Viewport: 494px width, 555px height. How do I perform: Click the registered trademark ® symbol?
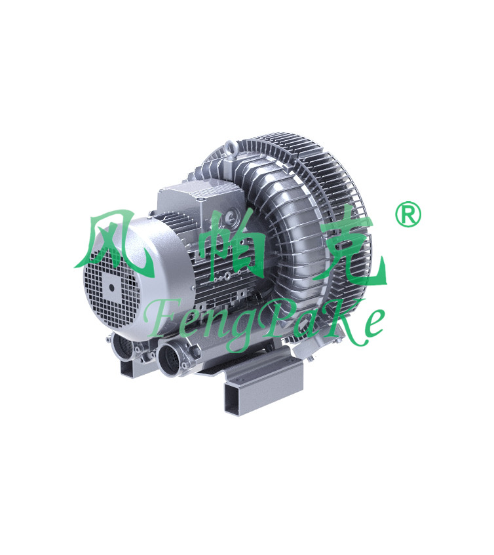point(408,214)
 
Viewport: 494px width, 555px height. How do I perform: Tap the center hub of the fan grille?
point(112,287)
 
